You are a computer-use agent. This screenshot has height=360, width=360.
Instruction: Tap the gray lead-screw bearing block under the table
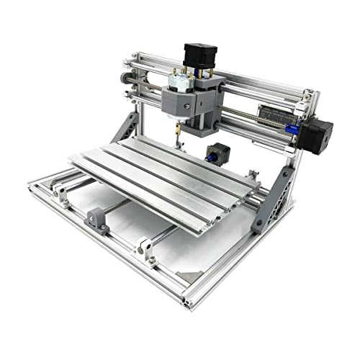[97, 219]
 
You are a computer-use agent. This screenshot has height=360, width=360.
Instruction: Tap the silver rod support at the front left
[60, 192]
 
